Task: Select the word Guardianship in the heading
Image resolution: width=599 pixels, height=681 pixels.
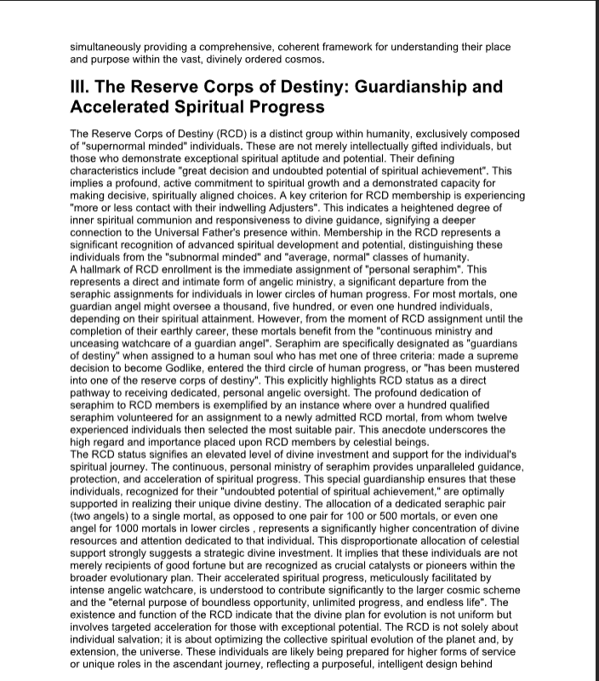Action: coord(419,88)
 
